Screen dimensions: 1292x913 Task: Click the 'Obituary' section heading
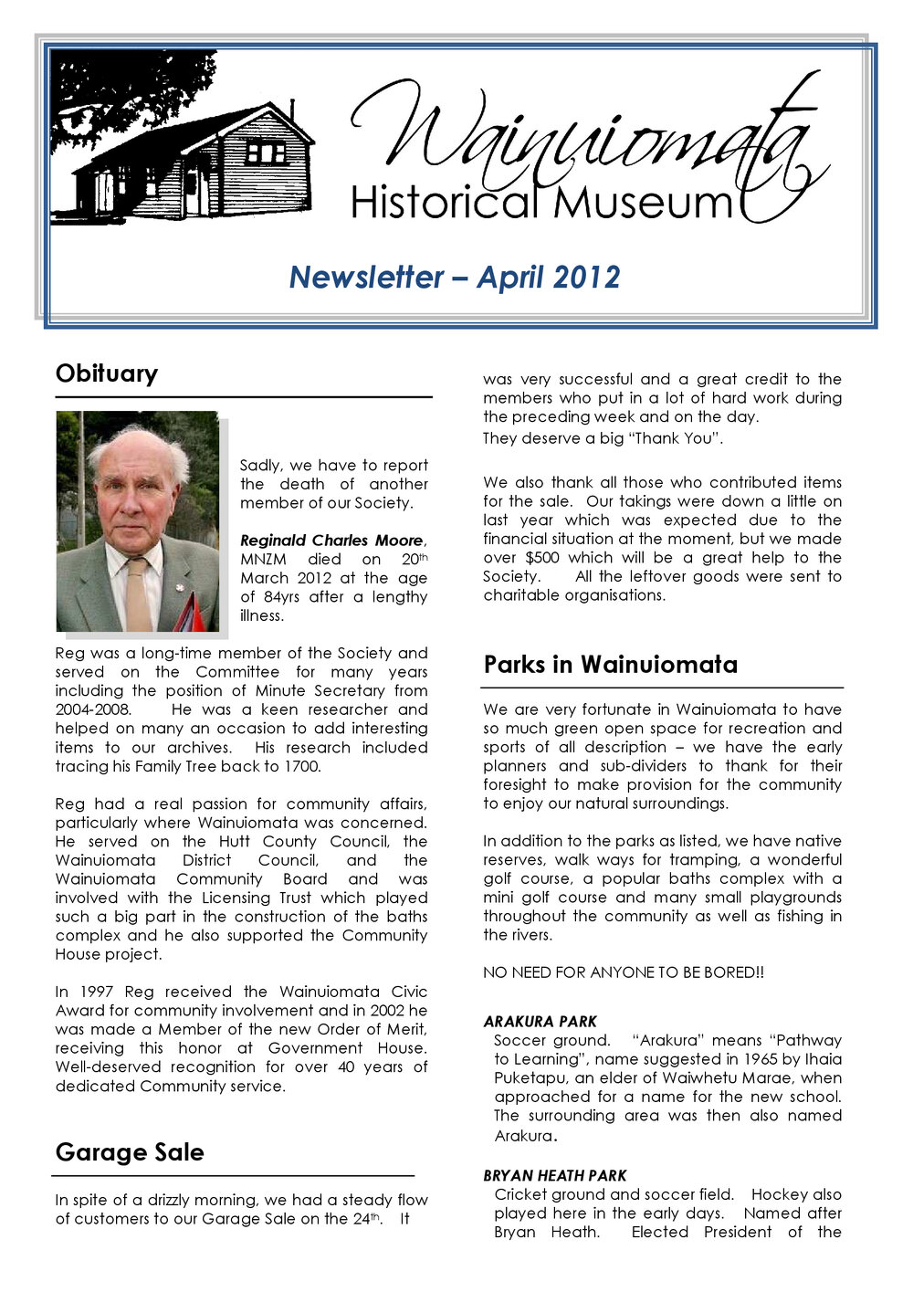pos(106,373)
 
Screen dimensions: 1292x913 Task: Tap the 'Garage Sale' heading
pos(129,1152)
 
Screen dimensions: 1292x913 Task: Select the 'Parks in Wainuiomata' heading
pos(610,664)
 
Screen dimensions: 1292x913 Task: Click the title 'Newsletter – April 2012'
pos(454,277)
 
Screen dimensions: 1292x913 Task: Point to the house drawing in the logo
pos(201,164)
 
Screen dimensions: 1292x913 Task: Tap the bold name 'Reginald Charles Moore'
pos(331,541)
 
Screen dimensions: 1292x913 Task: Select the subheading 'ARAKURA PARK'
pos(540,1022)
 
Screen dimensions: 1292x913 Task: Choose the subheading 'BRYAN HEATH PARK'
pos(554,1176)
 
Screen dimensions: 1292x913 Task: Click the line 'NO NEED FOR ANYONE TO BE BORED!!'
pos(623,972)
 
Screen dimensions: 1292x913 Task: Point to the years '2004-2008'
pos(93,709)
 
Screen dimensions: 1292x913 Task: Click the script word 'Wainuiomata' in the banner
pos(584,137)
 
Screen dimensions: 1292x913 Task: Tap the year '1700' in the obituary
pos(302,766)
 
